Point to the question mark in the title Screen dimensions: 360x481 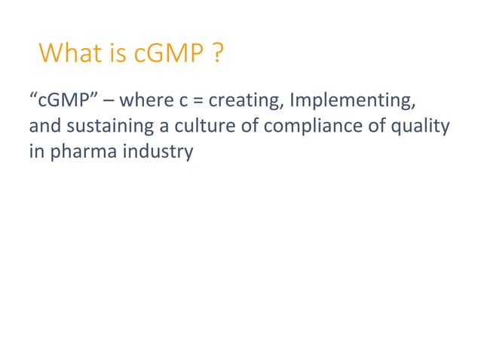coord(217,53)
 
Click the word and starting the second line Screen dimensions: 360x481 coord(39,126)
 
